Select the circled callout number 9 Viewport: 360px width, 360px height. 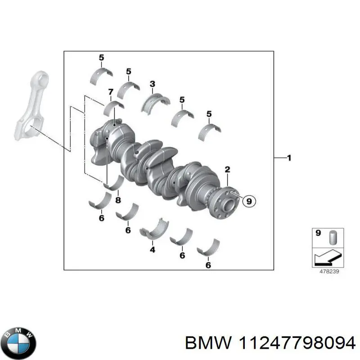tap(249, 202)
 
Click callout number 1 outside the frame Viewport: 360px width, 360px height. tap(289, 158)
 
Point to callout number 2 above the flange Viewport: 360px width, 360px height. tap(227, 170)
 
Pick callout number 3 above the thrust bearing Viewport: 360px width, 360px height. tap(152, 84)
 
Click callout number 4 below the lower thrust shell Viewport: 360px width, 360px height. tap(152, 249)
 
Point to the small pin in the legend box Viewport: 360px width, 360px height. tap(333, 237)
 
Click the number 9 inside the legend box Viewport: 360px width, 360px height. tap(318, 233)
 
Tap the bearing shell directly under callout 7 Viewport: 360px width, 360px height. tap(114, 108)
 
